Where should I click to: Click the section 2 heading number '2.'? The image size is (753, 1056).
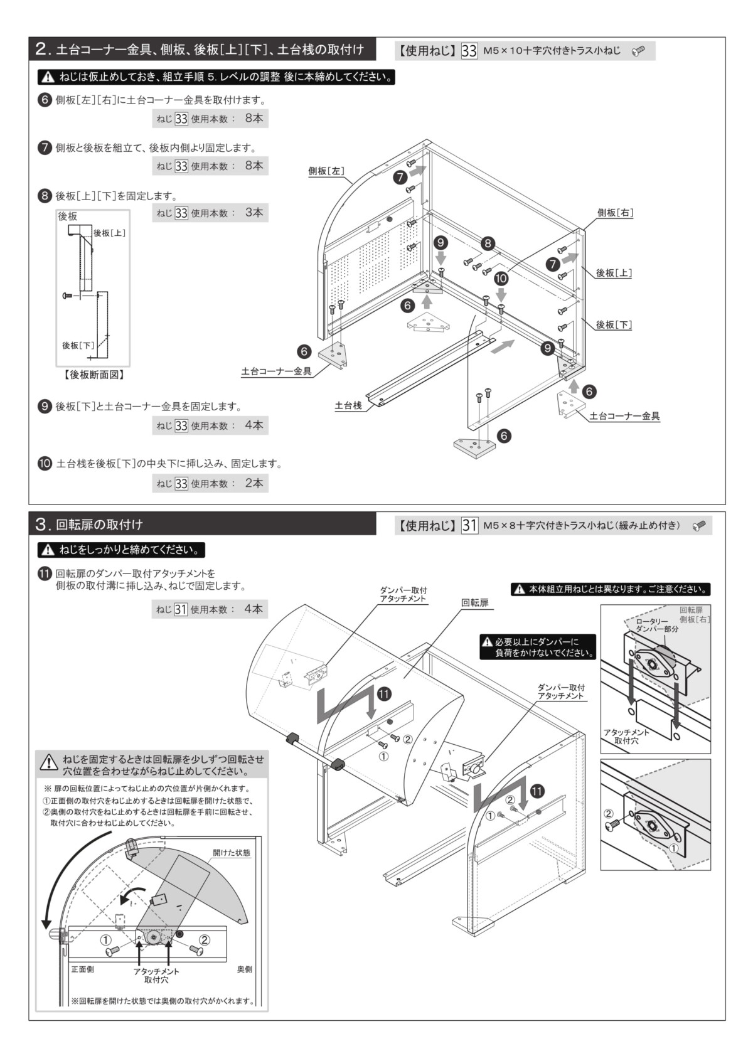[43, 49]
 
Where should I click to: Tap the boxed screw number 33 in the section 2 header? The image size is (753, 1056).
[469, 51]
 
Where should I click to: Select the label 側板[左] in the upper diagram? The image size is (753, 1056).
[326, 171]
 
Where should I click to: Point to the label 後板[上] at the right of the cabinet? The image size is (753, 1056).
[614, 273]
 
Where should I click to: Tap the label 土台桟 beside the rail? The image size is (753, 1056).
[348, 405]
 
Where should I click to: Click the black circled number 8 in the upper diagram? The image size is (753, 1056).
[488, 243]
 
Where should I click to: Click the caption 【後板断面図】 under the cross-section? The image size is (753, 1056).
[93, 375]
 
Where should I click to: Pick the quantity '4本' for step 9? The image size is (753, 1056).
[254, 425]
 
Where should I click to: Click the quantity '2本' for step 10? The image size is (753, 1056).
[254, 483]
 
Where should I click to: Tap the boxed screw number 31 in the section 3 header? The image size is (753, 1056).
[469, 525]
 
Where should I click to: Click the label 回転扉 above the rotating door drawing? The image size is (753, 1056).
[475, 602]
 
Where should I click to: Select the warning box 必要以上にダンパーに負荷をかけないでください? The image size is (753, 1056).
[538, 647]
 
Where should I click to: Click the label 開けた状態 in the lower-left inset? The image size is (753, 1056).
[231, 853]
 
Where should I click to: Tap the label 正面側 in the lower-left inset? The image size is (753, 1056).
[82, 969]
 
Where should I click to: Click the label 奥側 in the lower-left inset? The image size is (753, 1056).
[245, 969]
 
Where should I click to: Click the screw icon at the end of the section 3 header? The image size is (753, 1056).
[698, 525]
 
